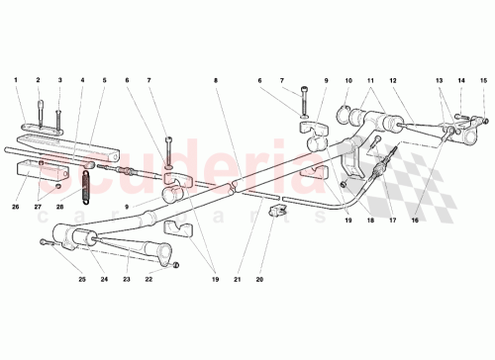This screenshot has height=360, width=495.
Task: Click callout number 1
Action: click(17, 79)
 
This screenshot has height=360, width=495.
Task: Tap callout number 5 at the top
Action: click(105, 79)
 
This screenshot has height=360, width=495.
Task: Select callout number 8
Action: click(215, 79)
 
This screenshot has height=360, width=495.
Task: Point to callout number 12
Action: click(393, 79)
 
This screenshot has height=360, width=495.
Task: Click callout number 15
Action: click(484, 79)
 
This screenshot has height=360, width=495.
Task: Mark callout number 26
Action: click(17, 207)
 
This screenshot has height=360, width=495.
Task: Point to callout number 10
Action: click(347, 79)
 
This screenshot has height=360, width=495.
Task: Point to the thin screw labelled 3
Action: click(58, 118)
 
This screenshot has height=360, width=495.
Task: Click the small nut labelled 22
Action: click(174, 265)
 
